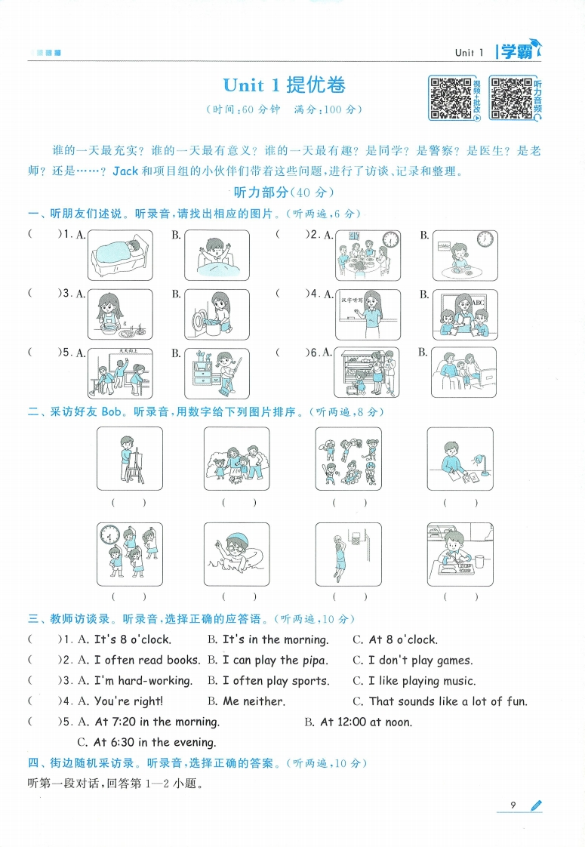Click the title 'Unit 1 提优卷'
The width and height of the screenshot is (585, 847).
pyautogui.click(x=285, y=85)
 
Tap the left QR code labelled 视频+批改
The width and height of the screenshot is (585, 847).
pyautogui.click(x=451, y=97)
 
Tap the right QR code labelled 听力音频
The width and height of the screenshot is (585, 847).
pyautogui.click(x=511, y=97)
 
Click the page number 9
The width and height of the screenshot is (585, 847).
pyautogui.click(x=513, y=805)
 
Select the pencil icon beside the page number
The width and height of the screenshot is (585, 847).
pyautogui.click(x=536, y=806)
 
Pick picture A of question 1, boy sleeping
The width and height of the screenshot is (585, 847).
pyautogui.click(x=120, y=254)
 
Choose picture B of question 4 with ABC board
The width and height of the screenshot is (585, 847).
pyautogui.click(x=464, y=314)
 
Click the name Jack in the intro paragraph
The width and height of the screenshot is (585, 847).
pyautogui.click(x=125, y=171)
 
